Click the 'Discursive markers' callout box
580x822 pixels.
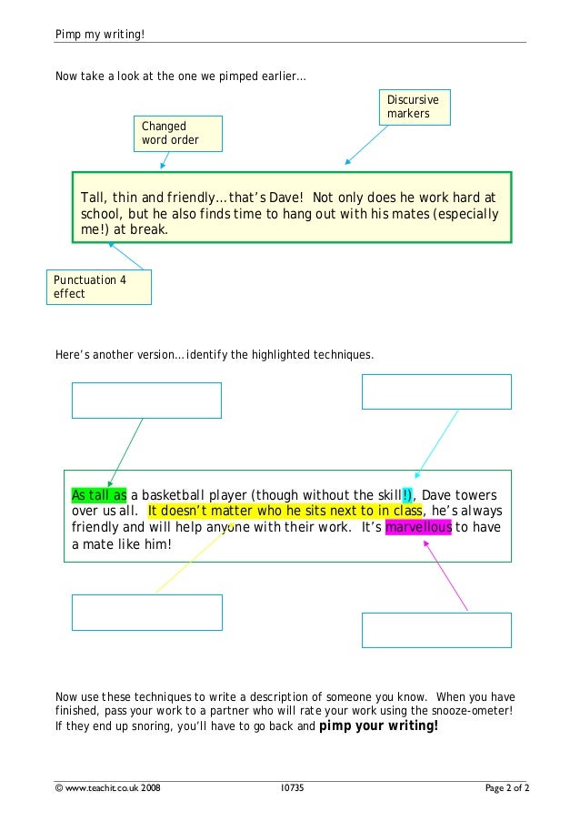click(415, 107)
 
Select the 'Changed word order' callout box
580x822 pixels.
click(178, 133)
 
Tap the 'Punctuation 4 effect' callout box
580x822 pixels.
click(98, 287)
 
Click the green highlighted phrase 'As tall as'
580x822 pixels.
click(99, 494)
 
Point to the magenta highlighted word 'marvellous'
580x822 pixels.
click(418, 528)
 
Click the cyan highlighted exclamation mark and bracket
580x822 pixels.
click(407, 494)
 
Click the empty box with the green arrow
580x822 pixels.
click(146, 401)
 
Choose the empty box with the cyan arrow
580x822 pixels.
click(436, 391)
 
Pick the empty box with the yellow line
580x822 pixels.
click(146, 612)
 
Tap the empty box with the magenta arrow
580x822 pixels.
click(436, 629)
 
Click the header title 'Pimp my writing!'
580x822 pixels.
click(100, 34)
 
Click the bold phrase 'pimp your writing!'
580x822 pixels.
click(379, 726)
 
